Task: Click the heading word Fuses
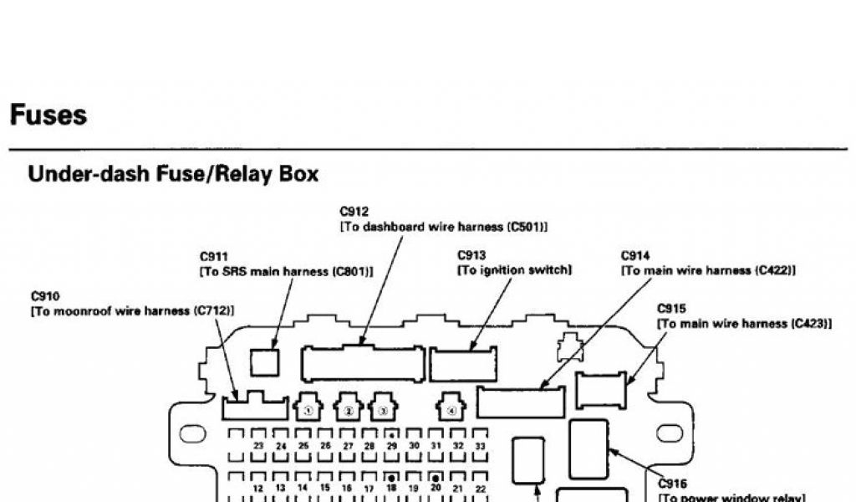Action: point(48,115)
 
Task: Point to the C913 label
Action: point(471,255)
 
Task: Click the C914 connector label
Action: point(636,255)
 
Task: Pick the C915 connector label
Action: point(671,308)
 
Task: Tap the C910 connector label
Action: point(44,296)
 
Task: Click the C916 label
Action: point(673,483)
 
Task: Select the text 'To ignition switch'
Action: point(514,270)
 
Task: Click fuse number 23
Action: point(258,447)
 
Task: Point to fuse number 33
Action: point(480,447)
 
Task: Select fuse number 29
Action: point(391,447)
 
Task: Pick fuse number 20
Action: point(436,486)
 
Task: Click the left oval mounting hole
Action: point(193,433)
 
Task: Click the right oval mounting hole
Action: point(670,433)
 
